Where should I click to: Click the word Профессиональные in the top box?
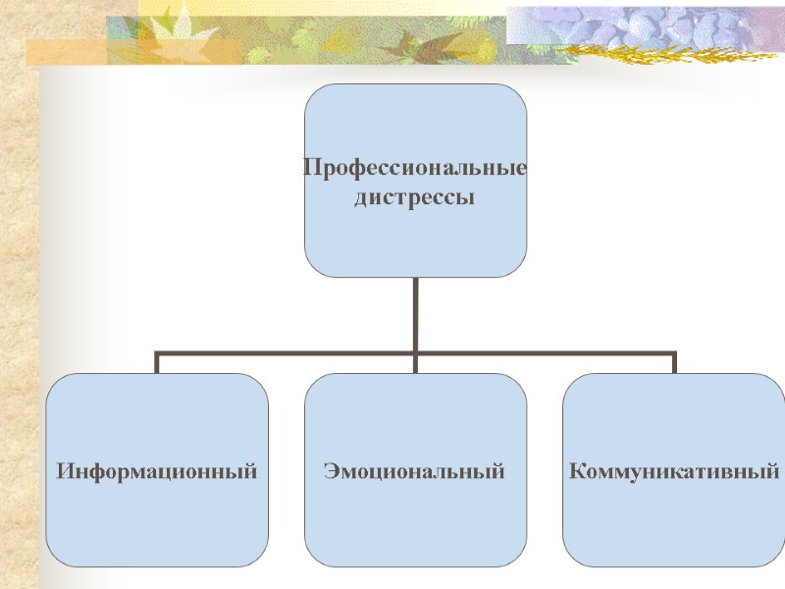pyautogui.click(x=414, y=168)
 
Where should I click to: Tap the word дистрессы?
pyautogui.click(x=413, y=198)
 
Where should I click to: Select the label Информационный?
pyautogui.click(x=157, y=472)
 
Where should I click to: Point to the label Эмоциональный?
pyautogui.click(x=414, y=472)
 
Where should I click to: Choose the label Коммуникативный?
pyautogui.click(x=674, y=472)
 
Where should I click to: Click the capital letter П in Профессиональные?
pyautogui.click(x=311, y=168)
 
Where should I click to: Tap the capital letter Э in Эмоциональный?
pyautogui.click(x=330, y=472)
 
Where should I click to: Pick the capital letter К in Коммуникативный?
pyautogui.click(x=577, y=472)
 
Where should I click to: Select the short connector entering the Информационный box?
pyautogui.click(x=157, y=363)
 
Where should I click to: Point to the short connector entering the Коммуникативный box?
pyautogui.click(x=675, y=363)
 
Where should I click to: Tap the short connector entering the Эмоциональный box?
pyautogui.click(x=415, y=364)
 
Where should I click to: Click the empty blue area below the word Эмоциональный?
pyautogui.click(x=414, y=530)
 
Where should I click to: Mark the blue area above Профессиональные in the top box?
pyautogui.click(x=414, y=118)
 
